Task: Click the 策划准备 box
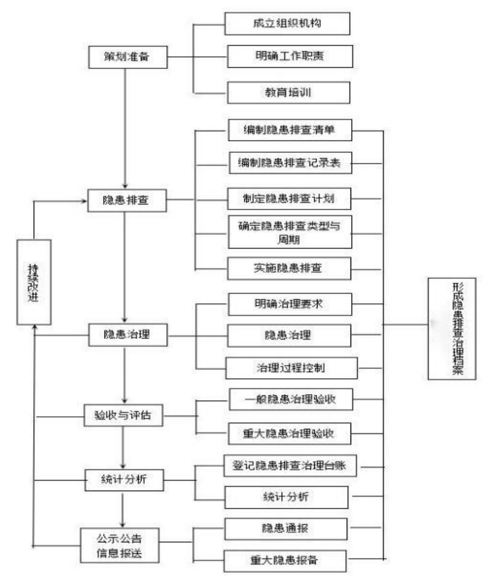126,56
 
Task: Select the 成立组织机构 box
287,23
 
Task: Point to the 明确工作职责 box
287,55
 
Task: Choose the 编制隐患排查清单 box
289,131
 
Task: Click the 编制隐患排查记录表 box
289,163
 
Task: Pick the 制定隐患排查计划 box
289,198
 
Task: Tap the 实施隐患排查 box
289,268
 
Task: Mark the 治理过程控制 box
291,368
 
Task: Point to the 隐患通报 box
285,529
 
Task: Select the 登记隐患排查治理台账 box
292,466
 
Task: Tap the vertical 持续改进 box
34,282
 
